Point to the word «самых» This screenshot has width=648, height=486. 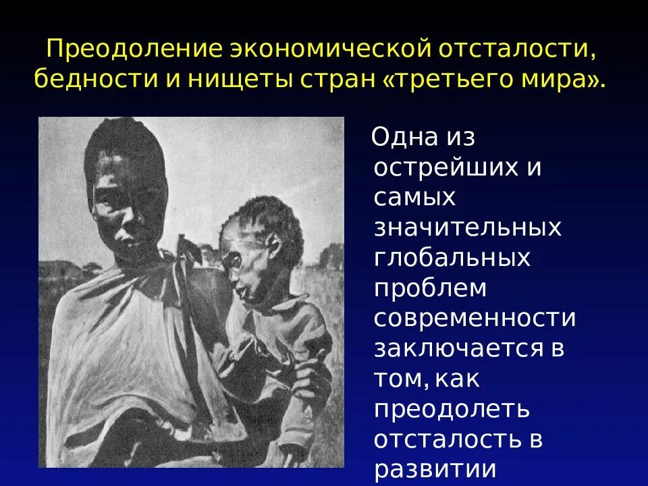coord(414,198)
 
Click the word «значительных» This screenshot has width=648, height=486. coord(467,227)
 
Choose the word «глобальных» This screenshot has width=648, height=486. coord(452,258)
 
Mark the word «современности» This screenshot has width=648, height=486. coord(475,318)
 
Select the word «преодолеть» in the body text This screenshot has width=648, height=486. coord(451,408)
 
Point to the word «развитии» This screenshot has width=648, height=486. coord(435,468)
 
